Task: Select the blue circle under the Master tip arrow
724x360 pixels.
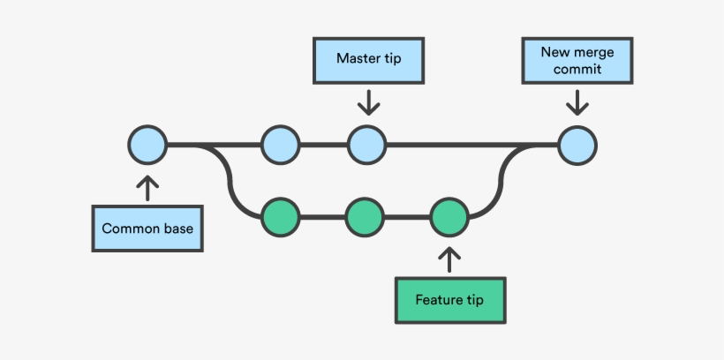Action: point(366,145)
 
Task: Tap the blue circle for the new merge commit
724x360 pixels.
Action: point(577,145)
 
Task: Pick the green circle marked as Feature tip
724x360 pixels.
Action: point(449,215)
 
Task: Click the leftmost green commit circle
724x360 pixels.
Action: point(281,215)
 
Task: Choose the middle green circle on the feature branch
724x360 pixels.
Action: point(364,215)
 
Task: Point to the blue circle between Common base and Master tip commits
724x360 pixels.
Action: point(281,145)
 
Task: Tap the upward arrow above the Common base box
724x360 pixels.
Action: point(147,186)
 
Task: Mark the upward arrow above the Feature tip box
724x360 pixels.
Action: point(449,259)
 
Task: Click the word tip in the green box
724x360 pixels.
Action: point(473,300)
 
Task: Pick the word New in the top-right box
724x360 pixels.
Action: point(554,52)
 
